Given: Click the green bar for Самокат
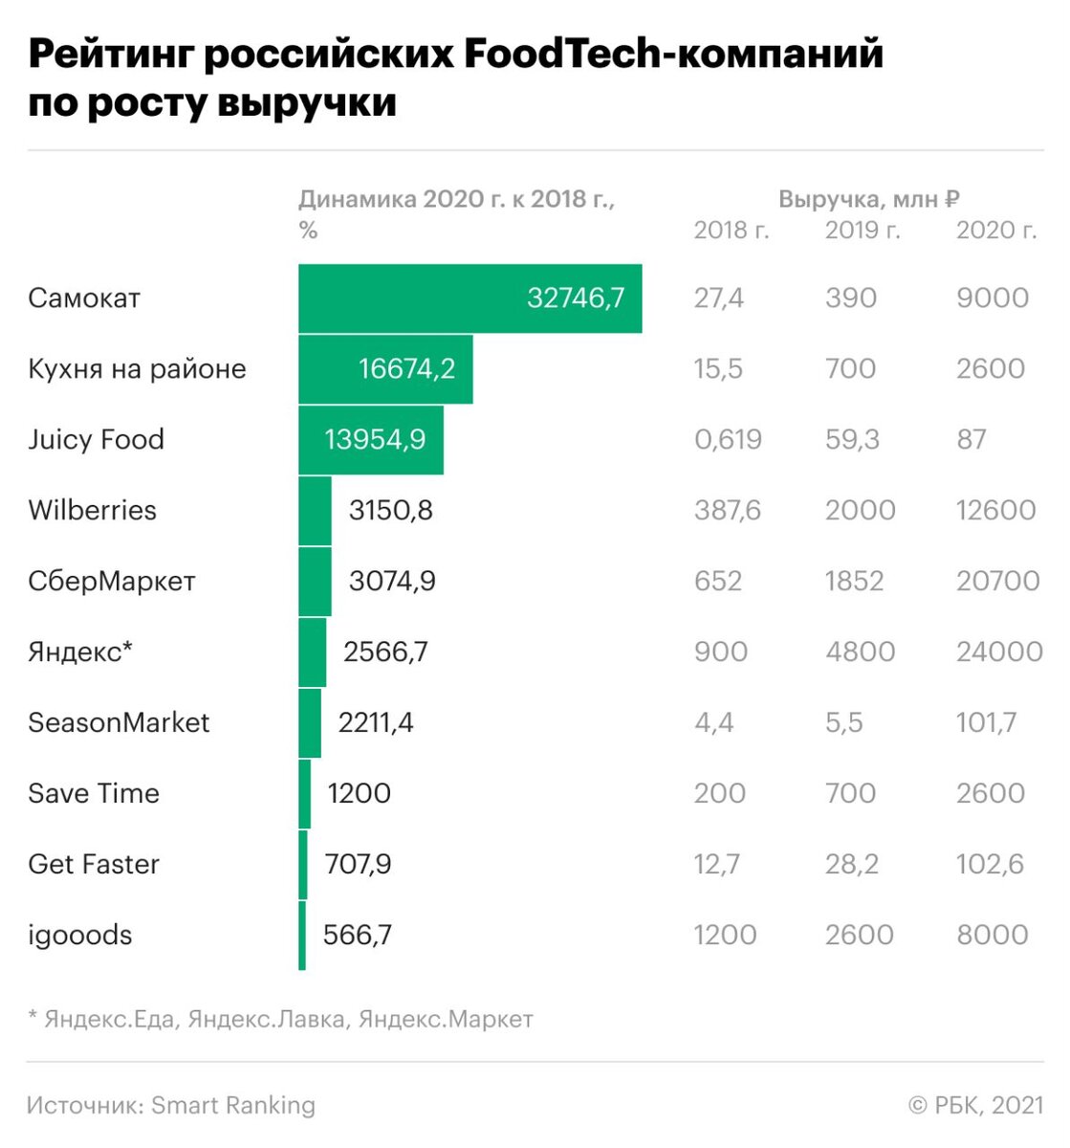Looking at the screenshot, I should click(469, 298).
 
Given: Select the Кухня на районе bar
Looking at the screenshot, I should click(384, 369).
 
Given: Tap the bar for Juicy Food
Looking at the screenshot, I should click(370, 440).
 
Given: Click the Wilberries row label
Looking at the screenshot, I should click(92, 510).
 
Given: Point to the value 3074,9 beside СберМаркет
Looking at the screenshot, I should click(392, 581).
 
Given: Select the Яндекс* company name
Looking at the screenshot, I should click(80, 651).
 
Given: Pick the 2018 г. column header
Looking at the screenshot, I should click(732, 231).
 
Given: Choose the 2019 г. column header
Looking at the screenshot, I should click(863, 231).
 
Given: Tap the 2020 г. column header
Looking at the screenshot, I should click(996, 231).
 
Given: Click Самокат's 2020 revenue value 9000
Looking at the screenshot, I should click(993, 298).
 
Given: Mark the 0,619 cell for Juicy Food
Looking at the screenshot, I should click(728, 440).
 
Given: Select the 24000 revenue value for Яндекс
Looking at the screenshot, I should click(999, 651).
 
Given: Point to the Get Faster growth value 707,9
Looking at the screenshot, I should click(358, 864).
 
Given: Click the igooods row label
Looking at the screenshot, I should click(80, 935).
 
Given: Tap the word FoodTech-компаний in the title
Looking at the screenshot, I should click(673, 55).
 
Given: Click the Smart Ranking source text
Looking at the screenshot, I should click(233, 1105).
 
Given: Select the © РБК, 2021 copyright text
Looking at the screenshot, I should click(975, 1105).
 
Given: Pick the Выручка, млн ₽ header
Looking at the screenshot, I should click(869, 199).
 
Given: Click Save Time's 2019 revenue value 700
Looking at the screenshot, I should click(850, 793).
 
